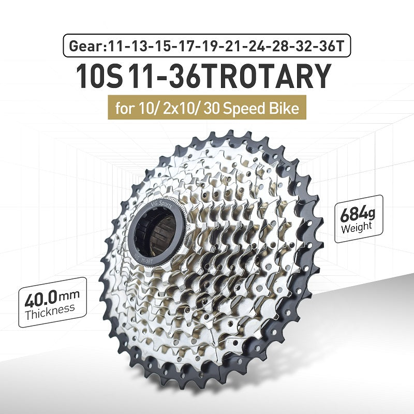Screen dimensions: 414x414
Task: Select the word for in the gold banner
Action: point(124,109)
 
